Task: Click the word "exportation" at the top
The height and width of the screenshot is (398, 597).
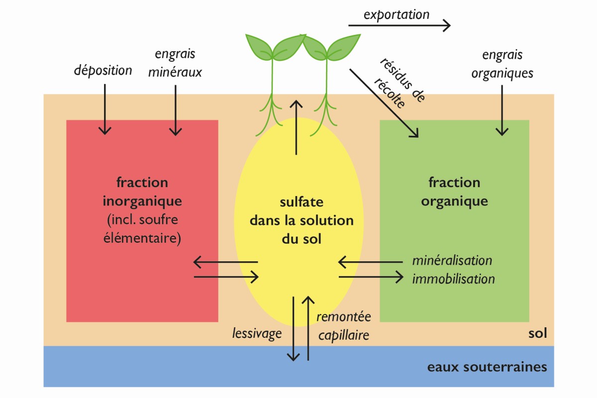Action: click(396, 14)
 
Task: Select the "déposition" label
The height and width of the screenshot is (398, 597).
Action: click(103, 70)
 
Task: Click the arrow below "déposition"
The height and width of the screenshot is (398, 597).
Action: click(104, 109)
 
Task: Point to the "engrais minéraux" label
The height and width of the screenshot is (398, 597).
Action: click(175, 63)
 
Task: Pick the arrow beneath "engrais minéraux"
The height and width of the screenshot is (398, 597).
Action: click(175, 109)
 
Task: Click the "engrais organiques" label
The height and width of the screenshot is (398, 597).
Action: click(502, 64)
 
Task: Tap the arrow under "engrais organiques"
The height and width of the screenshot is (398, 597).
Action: click(502, 110)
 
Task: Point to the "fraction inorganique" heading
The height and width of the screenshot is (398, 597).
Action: click(142, 192)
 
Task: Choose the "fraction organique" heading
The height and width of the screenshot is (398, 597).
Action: click(454, 192)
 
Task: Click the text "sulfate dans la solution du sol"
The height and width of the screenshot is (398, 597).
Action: click(301, 220)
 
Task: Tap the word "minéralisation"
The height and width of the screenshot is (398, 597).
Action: click(452, 260)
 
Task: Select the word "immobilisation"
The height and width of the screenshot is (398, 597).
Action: click(453, 278)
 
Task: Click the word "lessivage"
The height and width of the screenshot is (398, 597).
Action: click(257, 333)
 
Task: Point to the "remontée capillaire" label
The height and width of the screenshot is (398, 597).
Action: click(343, 326)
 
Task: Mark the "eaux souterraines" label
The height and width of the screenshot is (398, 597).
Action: click(487, 367)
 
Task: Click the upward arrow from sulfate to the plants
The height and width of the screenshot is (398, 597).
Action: click(297, 127)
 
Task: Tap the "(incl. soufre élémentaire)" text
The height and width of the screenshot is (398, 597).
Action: click(142, 228)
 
